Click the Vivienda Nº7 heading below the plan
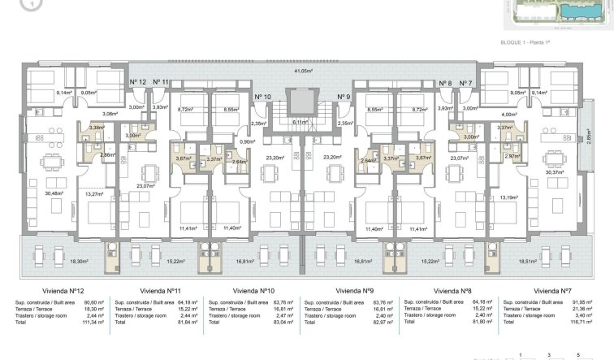point(553,289)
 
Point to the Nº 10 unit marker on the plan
point(262,98)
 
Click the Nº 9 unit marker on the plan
point(343,98)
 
